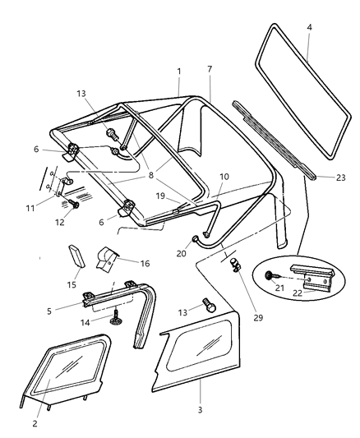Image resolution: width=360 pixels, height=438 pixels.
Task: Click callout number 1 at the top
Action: click(178, 71)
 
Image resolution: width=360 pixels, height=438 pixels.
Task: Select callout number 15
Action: click(72, 284)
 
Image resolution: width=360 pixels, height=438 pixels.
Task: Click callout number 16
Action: click(145, 264)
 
